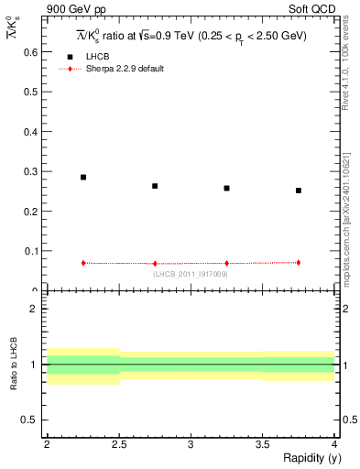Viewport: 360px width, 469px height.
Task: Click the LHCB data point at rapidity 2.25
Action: click(x=83, y=178)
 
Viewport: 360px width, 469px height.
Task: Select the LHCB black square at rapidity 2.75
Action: click(x=155, y=186)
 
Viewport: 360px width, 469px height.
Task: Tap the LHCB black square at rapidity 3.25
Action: click(x=226, y=188)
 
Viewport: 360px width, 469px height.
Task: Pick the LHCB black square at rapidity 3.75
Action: click(x=299, y=191)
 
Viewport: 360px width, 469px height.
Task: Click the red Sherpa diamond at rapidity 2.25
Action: click(x=83, y=263)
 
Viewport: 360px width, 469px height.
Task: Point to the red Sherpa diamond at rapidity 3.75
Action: click(x=299, y=262)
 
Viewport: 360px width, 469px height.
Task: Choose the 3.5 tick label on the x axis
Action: click(x=262, y=443)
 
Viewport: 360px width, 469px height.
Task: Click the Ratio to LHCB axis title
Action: click(x=14, y=366)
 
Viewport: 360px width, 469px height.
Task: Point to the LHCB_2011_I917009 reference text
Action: click(x=191, y=273)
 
